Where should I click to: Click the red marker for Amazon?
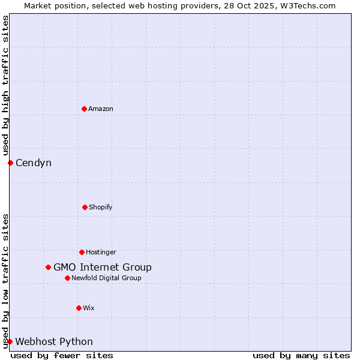[x=84, y=109]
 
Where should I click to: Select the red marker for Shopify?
[x=85, y=207]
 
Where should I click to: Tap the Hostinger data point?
[x=82, y=252]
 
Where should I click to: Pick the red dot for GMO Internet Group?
[x=48, y=267]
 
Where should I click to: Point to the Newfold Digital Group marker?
[x=67, y=278]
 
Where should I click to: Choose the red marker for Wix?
[x=79, y=308]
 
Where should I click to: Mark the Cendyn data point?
[x=10, y=163]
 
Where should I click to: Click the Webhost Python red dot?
[x=10, y=341]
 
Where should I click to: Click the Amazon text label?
[x=101, y=109]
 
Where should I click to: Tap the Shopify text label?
[x=101, y=207]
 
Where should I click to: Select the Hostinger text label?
[x=101, y=252]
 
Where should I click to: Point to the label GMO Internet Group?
[x=103, y=267]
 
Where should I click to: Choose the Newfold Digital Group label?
[x=107, y=278]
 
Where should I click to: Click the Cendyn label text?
[x=34, y=163]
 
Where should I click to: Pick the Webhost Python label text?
[x=54, y=341]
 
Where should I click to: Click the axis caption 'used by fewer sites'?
[x=62, y=355]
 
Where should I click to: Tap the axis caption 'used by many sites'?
[x=301, y=355]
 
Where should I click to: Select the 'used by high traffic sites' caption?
[x=5, y=85]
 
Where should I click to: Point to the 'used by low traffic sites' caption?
[x=5, y=280]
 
